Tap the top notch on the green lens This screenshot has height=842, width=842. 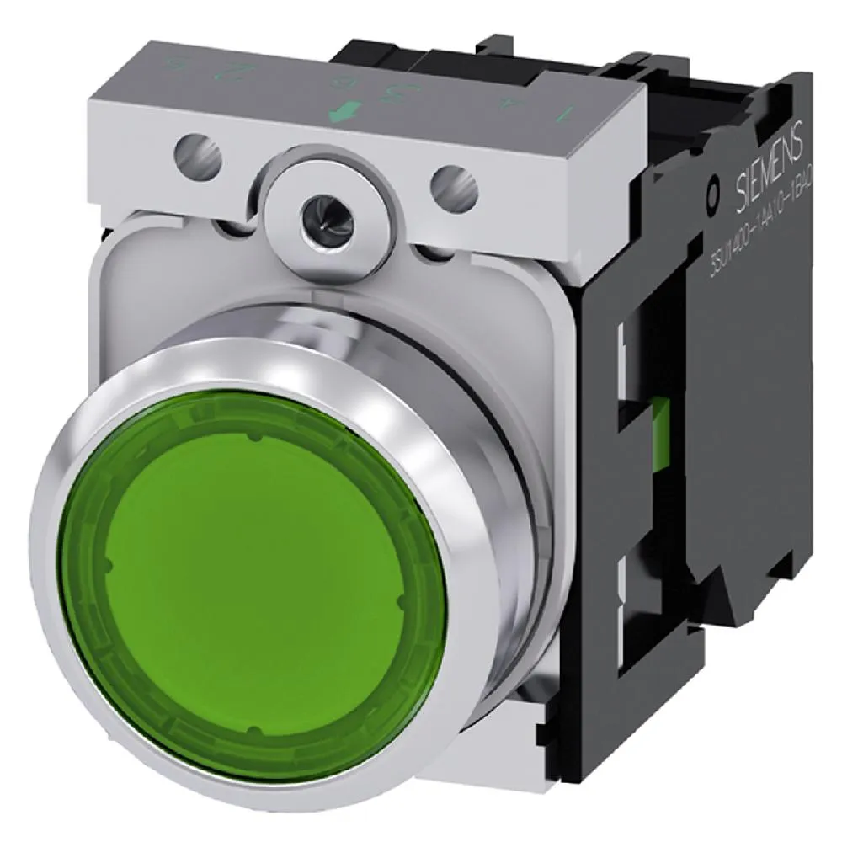(253, 439)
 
